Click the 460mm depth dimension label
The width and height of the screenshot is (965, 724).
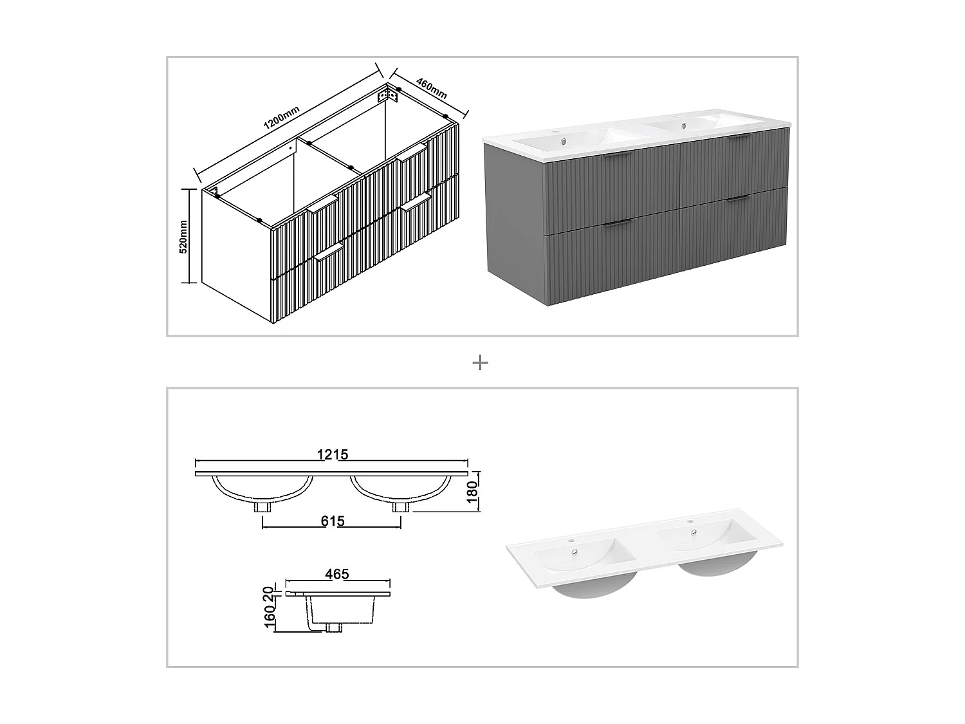click(x=432, y=88)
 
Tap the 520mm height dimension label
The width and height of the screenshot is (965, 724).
click(x=183, y=237)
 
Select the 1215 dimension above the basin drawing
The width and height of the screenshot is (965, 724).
click(x=332, y=454)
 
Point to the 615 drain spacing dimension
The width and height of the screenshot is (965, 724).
click(x=333, y=521)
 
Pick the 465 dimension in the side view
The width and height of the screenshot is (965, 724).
click(x=337, y=573)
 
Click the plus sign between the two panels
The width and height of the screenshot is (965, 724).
click(x=480, y=363)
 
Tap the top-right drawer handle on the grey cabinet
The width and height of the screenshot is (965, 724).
click(x=739, y=136)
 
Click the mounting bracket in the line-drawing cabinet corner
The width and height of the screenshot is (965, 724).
click(x=388, y=96)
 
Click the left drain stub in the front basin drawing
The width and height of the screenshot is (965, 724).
click(x=262, y=507)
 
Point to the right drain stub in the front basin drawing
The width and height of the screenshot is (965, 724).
click(x=401, y=507)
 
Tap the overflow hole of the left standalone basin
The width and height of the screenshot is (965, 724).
click(x=574, y=551)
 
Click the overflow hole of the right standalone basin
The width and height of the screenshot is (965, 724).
click(x=694, y=532)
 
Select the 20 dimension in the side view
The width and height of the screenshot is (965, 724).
click(x=270, y=591)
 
